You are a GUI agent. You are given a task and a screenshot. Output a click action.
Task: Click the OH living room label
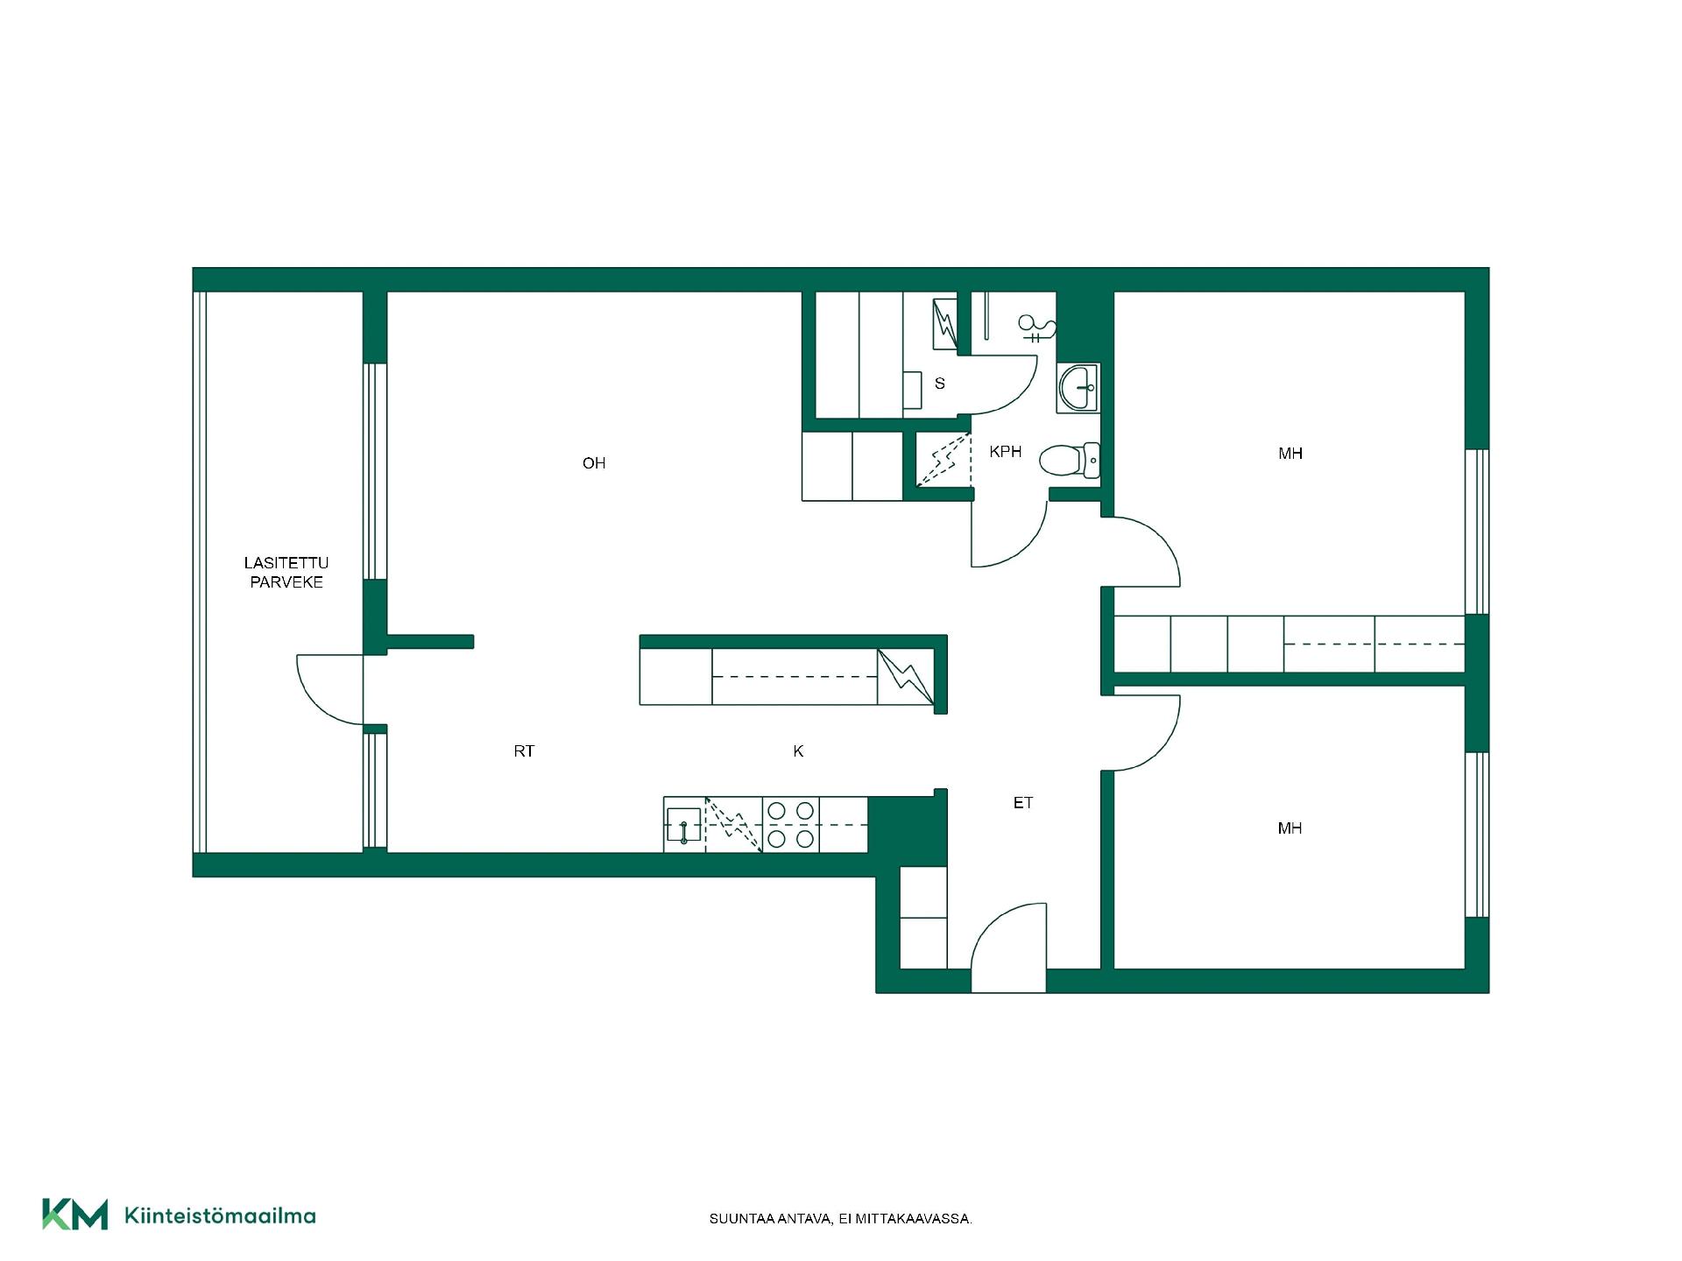point(594,463)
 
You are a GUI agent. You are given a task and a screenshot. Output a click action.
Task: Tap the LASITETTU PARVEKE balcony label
point(286,573)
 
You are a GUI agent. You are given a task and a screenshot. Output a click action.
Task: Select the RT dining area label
point(524,751)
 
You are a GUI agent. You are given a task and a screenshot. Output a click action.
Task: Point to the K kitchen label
point(798,751)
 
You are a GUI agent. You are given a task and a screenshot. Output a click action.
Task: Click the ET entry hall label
point(1023,803)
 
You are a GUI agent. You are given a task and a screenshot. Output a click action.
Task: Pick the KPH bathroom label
point(1006,452)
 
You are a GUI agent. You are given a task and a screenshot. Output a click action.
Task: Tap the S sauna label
point(940,384)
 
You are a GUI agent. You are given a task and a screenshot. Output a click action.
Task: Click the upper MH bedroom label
point(1290,454)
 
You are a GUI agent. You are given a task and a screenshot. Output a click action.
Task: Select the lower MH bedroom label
point(1290,828)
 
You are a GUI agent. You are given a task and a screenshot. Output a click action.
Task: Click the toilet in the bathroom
point(1070,460)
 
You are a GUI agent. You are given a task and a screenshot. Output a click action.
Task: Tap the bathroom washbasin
point(1078,387)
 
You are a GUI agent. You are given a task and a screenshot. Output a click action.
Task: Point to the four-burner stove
point(791,825)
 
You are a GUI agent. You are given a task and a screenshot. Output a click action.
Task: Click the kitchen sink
point(683,826)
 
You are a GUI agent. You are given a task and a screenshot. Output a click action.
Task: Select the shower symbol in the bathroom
point(1037,328)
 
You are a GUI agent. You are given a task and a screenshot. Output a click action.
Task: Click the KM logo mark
point(75,1215)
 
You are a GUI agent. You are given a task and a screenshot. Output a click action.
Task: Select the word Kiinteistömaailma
point(220,1215)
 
